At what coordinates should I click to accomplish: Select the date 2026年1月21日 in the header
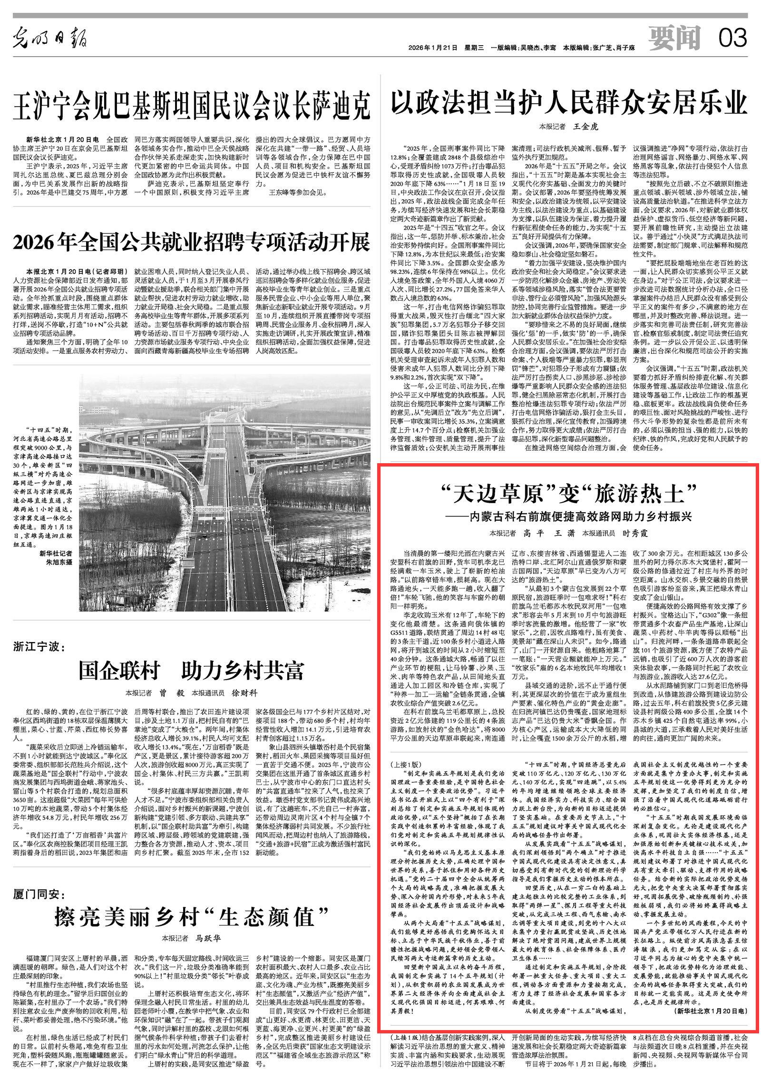[432, 48]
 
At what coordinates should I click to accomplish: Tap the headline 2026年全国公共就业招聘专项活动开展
[191, 243]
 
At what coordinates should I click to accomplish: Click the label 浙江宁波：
[41, 647]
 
